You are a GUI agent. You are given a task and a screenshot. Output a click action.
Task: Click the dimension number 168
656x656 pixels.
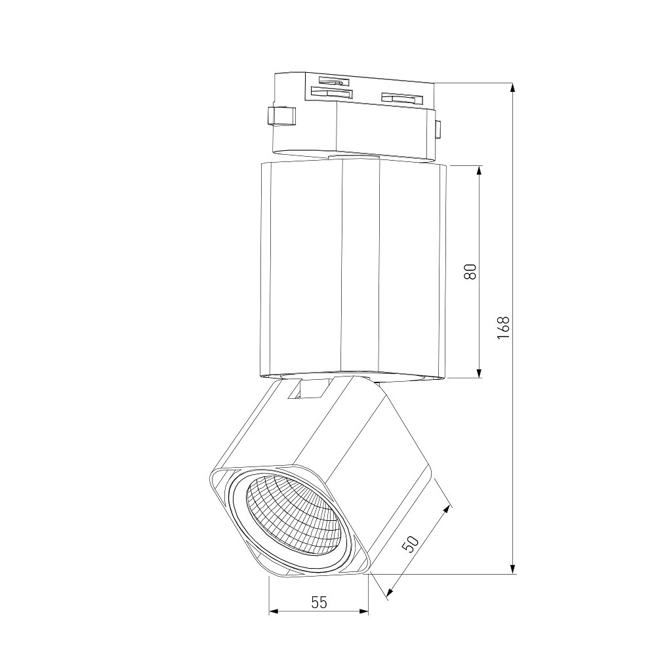pos(504,327)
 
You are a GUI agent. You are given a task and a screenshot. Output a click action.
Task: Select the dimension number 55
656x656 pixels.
pos(319,602)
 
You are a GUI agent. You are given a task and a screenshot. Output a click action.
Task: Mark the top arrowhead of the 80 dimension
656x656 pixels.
pos(480,171)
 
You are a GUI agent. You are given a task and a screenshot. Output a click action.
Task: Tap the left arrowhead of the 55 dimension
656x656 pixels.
pos(274,612)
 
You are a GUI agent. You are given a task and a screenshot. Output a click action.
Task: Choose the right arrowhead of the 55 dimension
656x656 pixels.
pos(363,612)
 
